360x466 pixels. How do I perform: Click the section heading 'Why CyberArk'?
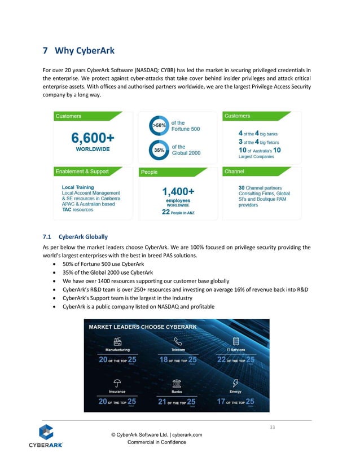click(x=85, y=51)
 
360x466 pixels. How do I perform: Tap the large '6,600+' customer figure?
click(x=93, y=138)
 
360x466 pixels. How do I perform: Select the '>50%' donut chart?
click(x=160, y=126)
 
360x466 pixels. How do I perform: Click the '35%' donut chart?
click(x=160, y=150)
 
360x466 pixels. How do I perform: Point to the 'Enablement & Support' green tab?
click(x=82, y=171)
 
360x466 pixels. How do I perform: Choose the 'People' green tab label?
click(x=150, y=172)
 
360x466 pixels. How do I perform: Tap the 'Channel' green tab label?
click(x=234, y=171)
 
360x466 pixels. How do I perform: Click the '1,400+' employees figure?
click(x=178, y=192)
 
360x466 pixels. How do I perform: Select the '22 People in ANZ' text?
click(x=177, y=212)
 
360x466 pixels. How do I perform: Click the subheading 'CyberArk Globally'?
click(x=83, y=236)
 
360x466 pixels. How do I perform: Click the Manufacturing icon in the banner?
click(x=118, y=341)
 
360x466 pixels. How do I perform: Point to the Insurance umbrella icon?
click(x=117, y=382)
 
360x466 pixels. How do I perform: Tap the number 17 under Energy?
click(x=221, y=402)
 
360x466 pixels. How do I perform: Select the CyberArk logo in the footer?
click(x=46, y=436)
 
